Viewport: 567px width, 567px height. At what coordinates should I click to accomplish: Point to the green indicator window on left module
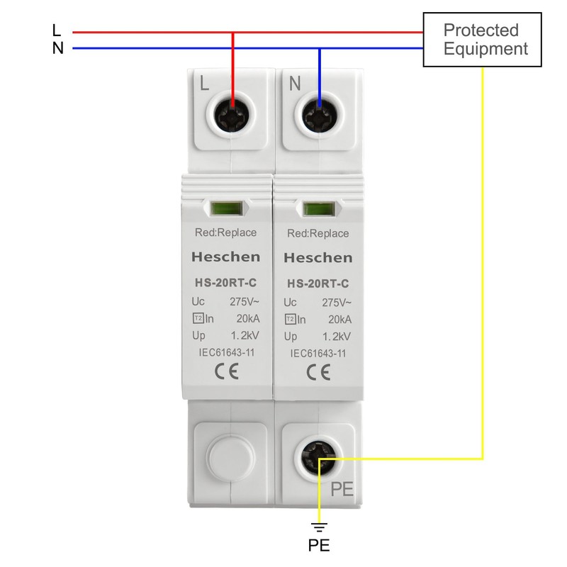(226, 209)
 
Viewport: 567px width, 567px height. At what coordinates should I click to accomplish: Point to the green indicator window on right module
(318, 210)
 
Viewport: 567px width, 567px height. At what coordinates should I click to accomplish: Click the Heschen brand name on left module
(226, 257)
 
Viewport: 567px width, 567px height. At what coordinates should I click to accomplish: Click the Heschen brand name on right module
(318, 257)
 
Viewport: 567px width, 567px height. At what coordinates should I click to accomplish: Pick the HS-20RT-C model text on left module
(226, 282)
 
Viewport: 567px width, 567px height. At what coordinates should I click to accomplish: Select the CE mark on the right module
(318, 372)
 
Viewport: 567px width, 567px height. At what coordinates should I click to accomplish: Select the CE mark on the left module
(226, 371)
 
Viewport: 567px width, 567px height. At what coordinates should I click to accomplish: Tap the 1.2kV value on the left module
(245, 335)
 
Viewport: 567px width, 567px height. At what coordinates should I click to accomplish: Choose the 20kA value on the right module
(337, 320)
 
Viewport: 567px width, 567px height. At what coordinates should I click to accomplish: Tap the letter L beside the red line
(57, 31)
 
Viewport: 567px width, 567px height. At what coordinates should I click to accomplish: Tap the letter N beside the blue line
(57, 49)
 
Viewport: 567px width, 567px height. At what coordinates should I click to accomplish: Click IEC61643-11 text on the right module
(318, 354)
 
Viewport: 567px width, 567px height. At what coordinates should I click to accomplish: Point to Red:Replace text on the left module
(226, 232)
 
